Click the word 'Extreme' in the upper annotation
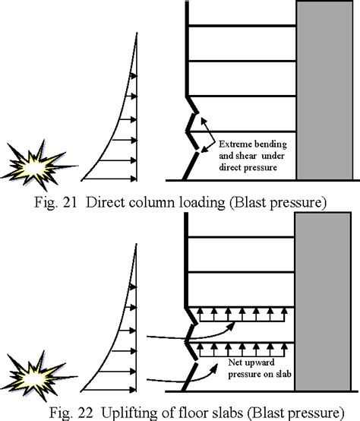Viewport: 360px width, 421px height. tap(235, 142)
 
